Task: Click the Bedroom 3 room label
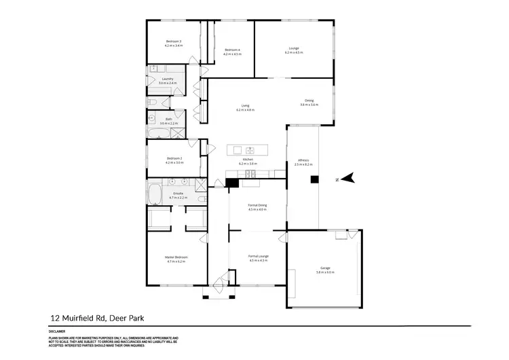point(174,41)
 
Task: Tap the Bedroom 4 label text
point(233,50)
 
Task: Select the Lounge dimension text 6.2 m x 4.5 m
point(294,52)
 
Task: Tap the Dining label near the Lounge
point(309,101)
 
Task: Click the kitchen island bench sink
point(250,149)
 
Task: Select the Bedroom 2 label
point(174,158)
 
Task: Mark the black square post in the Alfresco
point(314,179)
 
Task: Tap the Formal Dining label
point(257,205)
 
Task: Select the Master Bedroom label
point(176,257)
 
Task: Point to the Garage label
point(325,268)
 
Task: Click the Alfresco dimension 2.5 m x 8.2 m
point(303,164)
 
